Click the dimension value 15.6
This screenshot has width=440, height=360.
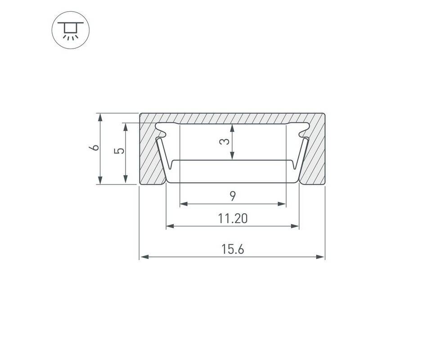tap(233, 249)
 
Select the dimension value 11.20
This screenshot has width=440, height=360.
tap(233, 219)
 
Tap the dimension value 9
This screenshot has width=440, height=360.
tap(233, 196)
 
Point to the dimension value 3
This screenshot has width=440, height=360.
tap(224, 142)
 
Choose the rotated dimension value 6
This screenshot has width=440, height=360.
tap(95, 147)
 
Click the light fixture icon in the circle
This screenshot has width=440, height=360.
tap(71, 30)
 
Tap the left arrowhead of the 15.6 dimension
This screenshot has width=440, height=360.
tap(144, 256)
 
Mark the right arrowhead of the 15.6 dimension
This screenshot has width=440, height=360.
tap(320, 256)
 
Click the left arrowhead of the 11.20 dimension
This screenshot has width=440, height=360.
tap(171, 226)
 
